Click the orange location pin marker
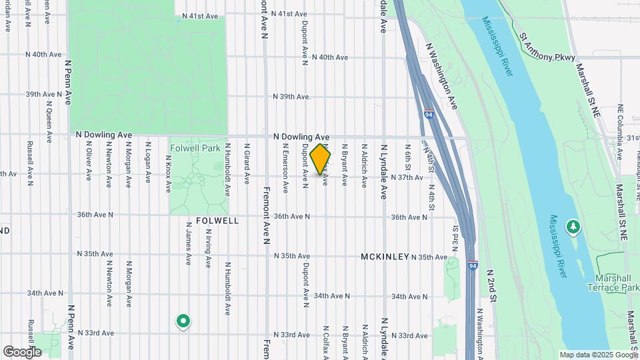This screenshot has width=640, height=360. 321,159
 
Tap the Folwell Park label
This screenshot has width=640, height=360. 195,147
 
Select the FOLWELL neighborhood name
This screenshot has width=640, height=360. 217,220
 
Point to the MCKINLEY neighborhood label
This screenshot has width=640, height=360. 385,257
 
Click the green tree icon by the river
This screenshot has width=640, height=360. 573,227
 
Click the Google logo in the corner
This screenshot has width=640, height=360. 22,351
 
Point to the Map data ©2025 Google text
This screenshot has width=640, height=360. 597,355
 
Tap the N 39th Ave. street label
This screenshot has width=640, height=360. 292,97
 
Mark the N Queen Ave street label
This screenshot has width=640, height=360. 49,121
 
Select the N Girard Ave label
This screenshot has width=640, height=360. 246,163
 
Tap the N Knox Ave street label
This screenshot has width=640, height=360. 169,163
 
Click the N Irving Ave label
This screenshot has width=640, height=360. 208,247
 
